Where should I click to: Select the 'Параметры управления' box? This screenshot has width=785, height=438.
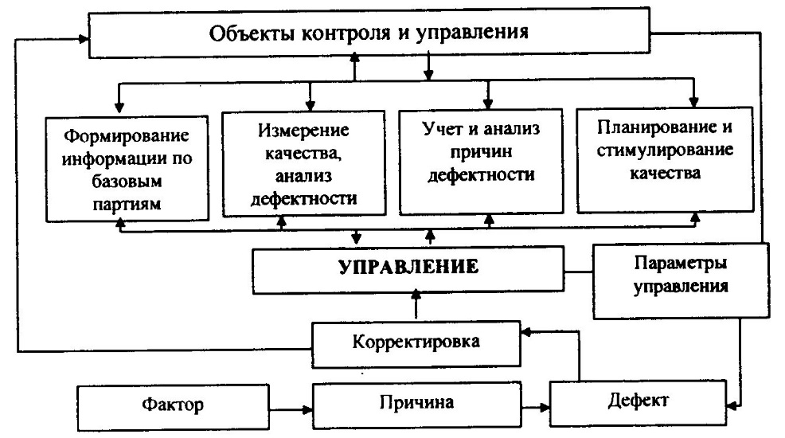[x=681, y=277]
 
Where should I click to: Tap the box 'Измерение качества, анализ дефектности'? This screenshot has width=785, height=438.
[x=307, y=162]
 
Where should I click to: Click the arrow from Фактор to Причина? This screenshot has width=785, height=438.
[x=295, y=410]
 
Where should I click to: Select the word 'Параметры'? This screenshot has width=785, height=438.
[x=682, y=264]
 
